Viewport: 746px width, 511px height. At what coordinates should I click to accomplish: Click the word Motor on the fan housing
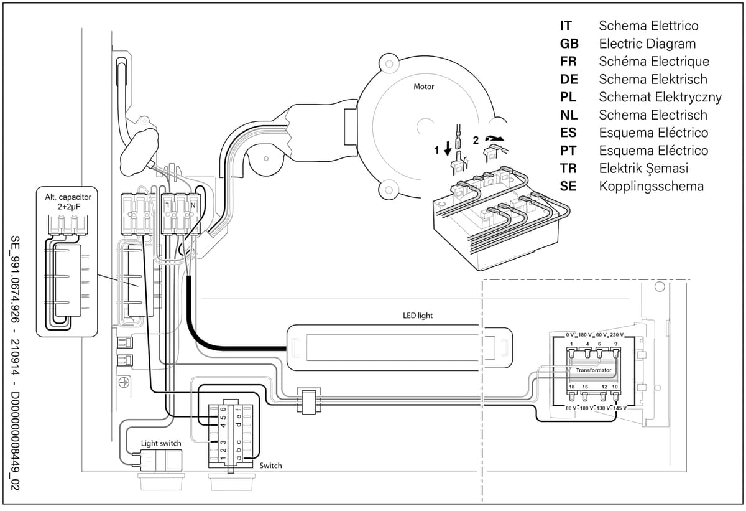[423, 87]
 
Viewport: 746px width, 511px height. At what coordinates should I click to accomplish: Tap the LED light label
[418, 316]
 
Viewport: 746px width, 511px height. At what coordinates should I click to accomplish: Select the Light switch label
[161, 443]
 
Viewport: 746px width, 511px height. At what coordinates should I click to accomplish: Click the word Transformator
[594, 370]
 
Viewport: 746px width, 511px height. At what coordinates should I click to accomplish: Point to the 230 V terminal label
[617, 335]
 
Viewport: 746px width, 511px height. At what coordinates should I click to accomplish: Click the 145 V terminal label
[619, 408]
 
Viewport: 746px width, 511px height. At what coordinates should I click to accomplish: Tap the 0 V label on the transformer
[570, 335]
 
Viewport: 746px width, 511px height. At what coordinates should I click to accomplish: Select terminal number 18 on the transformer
[572, 387]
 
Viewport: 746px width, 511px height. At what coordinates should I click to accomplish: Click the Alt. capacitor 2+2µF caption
[68, 202]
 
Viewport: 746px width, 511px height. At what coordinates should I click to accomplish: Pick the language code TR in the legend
[568, 168]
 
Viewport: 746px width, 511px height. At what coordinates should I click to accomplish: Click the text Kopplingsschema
[651, 186]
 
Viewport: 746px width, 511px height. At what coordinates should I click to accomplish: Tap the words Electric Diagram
[647, 44]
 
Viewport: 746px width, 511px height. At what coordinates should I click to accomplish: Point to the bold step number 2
[476, 140]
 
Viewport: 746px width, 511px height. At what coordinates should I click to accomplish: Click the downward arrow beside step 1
[448, 148]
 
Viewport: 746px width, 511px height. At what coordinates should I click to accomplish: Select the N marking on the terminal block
[193, 205]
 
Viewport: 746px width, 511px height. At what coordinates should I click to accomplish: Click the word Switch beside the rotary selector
[270, 466]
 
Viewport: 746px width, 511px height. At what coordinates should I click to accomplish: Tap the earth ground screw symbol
[124, 382]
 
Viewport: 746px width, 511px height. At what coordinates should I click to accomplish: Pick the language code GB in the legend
[569, 44]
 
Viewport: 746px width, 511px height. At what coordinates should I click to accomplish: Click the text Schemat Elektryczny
[660, 97]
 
